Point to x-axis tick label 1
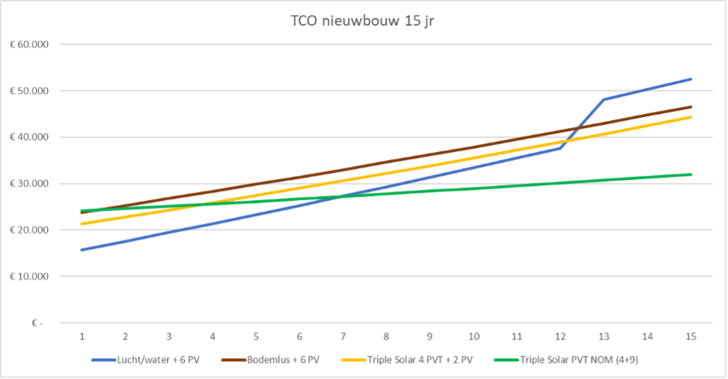click(81, 336)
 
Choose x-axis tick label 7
click(343, 336)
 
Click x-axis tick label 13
click(603, 336)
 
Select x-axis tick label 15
click(691, 336)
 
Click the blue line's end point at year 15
click(691, 79)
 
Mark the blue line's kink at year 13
click(603, 99)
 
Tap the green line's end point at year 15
click(691, 174)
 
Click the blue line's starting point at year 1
click(81, 250)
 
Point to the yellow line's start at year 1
click(81, 224)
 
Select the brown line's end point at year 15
click(691, 107)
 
